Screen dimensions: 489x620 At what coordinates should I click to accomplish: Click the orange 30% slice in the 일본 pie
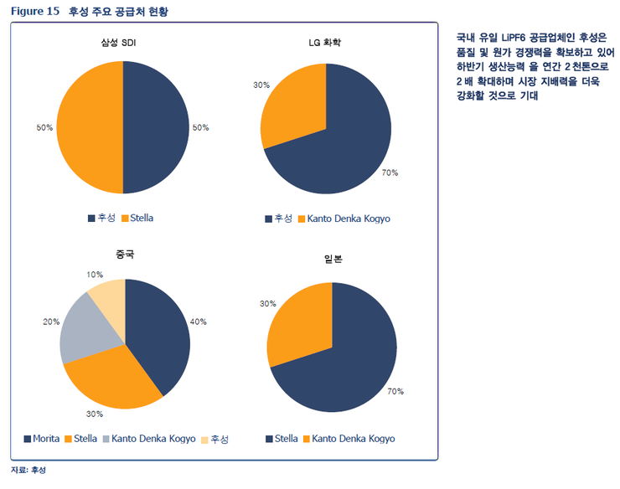[297, 322]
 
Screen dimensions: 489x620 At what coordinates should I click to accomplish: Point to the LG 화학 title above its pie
[325, 42]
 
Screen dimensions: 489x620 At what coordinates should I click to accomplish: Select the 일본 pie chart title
[333, 259]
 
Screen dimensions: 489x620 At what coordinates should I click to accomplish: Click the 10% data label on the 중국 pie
[95, 275]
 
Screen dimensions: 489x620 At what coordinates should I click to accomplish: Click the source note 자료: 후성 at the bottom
[28, 471]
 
